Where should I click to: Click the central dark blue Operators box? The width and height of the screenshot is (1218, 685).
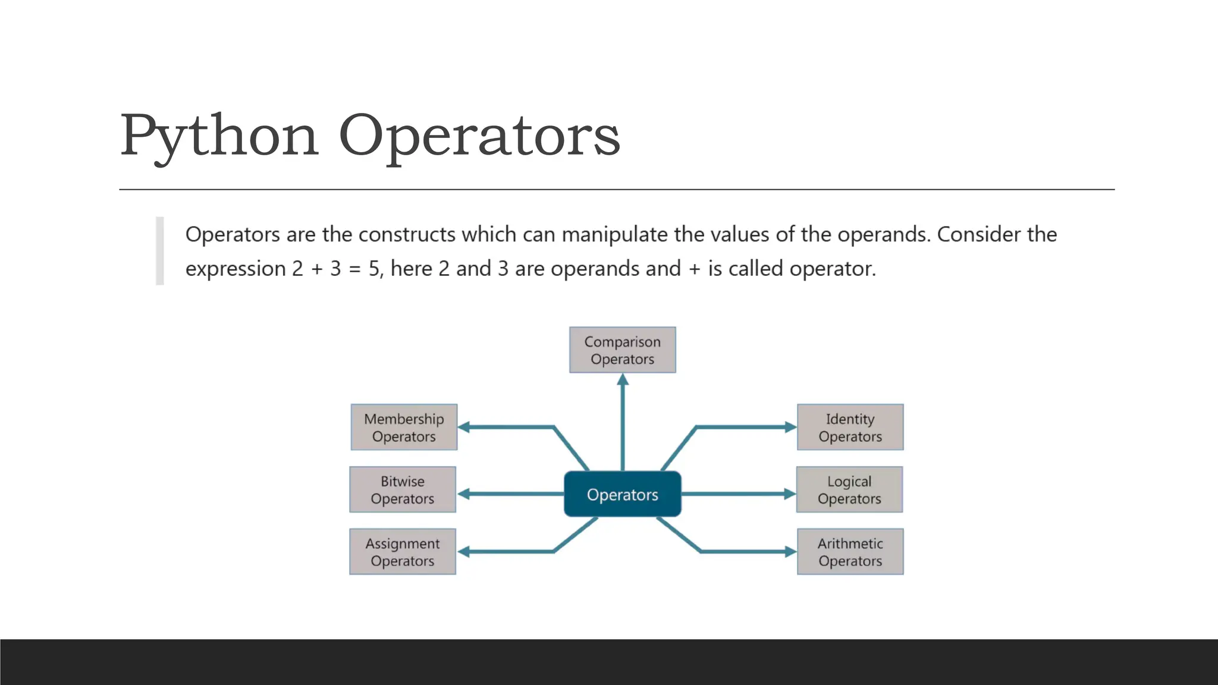coord(622,494)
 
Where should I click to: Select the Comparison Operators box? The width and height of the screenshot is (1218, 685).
coord(622,350)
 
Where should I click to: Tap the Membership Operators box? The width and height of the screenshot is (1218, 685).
coord(404,427)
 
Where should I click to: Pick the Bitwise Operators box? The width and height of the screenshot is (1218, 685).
coord(403,489)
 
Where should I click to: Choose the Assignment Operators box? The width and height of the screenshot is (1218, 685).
coord(403,551)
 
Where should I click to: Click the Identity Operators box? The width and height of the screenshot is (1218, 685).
coord(850,427)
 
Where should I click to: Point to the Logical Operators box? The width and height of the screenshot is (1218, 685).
coord(849,489)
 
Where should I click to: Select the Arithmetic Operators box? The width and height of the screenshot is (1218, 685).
coord(850,551)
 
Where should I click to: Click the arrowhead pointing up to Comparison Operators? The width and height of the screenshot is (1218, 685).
coord(623,379)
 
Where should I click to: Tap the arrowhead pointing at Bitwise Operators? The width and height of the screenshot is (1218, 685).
coord(464,494)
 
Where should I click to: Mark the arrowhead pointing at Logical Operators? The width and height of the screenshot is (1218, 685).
coord(790,494)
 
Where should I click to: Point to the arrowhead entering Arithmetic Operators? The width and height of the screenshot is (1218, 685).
coord(790,552)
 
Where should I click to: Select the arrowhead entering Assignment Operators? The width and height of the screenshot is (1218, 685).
coord(464,552)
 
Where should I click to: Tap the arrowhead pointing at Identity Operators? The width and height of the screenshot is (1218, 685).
coord(790,427)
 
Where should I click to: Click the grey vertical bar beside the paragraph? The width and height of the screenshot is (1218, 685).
coord(159,250)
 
